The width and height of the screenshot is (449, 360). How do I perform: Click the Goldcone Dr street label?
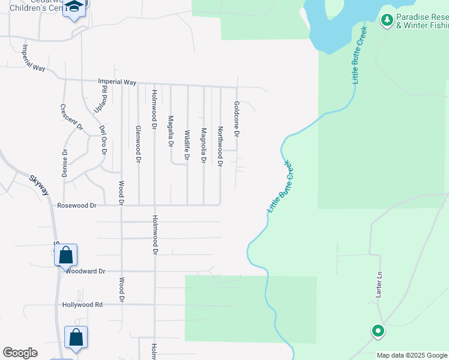[x=237, y=119]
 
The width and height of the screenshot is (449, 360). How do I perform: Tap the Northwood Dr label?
[x=220, y=146]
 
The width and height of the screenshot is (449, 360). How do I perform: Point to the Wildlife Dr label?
[x=187, y=146]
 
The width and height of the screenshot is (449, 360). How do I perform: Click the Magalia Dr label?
[x=170, y=131]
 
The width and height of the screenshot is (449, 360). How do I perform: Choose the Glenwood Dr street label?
[x=138, y=145]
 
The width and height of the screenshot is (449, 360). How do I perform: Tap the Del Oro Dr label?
[x=103, y=140]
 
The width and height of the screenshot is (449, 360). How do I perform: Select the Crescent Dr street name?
[x=71, y=117]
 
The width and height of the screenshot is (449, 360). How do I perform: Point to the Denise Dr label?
[x=65, y=163]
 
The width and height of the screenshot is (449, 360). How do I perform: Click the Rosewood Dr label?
[x=77, y=205]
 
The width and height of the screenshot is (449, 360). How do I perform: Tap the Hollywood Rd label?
[x=83, y=305]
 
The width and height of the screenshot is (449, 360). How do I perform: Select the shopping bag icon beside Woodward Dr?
[x=65, y=255]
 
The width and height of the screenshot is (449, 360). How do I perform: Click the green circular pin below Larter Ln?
[x=378, y=331]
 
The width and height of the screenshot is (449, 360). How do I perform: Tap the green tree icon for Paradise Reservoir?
[x=387, y=20]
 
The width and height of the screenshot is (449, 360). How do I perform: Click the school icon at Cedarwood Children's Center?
[x=74, y=7]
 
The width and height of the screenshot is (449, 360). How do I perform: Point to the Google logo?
[x=20, y=353]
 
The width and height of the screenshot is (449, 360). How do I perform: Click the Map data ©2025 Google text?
[x=412, y=356]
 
